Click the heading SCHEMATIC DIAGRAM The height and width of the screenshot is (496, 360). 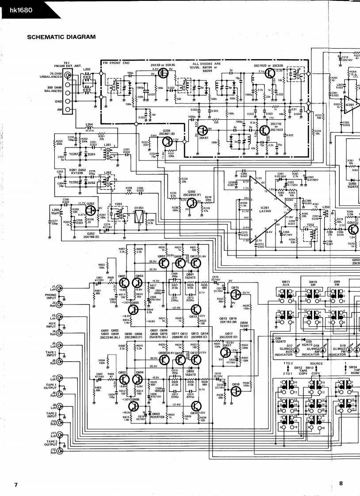pyautogui.click(x=61, y=37)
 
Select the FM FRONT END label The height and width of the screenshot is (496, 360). pyautogui.click(x=115, y=63)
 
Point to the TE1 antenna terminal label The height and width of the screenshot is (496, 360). pyautogui.click(x=67, y=65)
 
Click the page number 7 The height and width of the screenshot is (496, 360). pyautogui.click(x=15, y=485)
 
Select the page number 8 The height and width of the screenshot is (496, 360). pyautogui.click(x=341, y=484)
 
